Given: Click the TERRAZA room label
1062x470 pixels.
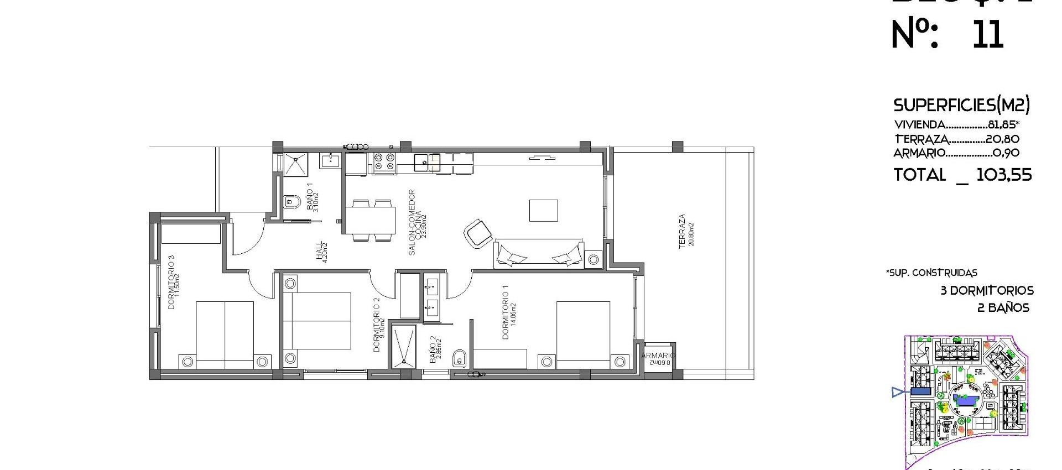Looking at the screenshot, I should click(682, 231).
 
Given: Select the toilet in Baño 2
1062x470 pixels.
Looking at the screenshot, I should click(459, 358).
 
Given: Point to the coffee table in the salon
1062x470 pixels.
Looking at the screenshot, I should click(543, 211).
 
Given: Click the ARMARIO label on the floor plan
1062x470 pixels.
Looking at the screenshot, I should click(658, 356).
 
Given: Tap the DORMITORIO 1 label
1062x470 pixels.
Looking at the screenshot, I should click(505, 312).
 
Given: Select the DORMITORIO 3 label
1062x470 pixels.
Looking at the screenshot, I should click(171, 282).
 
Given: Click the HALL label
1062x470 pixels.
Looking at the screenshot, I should click(319, 252).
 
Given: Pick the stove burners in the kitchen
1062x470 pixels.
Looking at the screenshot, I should click(384, 161).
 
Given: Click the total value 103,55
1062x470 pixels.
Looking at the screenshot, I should click(1004, 175).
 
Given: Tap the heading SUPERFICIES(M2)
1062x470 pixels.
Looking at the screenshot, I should click(961, 105).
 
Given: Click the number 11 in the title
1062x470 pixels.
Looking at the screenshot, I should click(987, 34).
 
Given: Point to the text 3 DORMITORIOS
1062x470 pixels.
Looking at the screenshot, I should click(987, 291).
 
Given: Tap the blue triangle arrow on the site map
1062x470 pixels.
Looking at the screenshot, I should click(898, 393).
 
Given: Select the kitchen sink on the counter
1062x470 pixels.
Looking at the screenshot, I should click(427, 161).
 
